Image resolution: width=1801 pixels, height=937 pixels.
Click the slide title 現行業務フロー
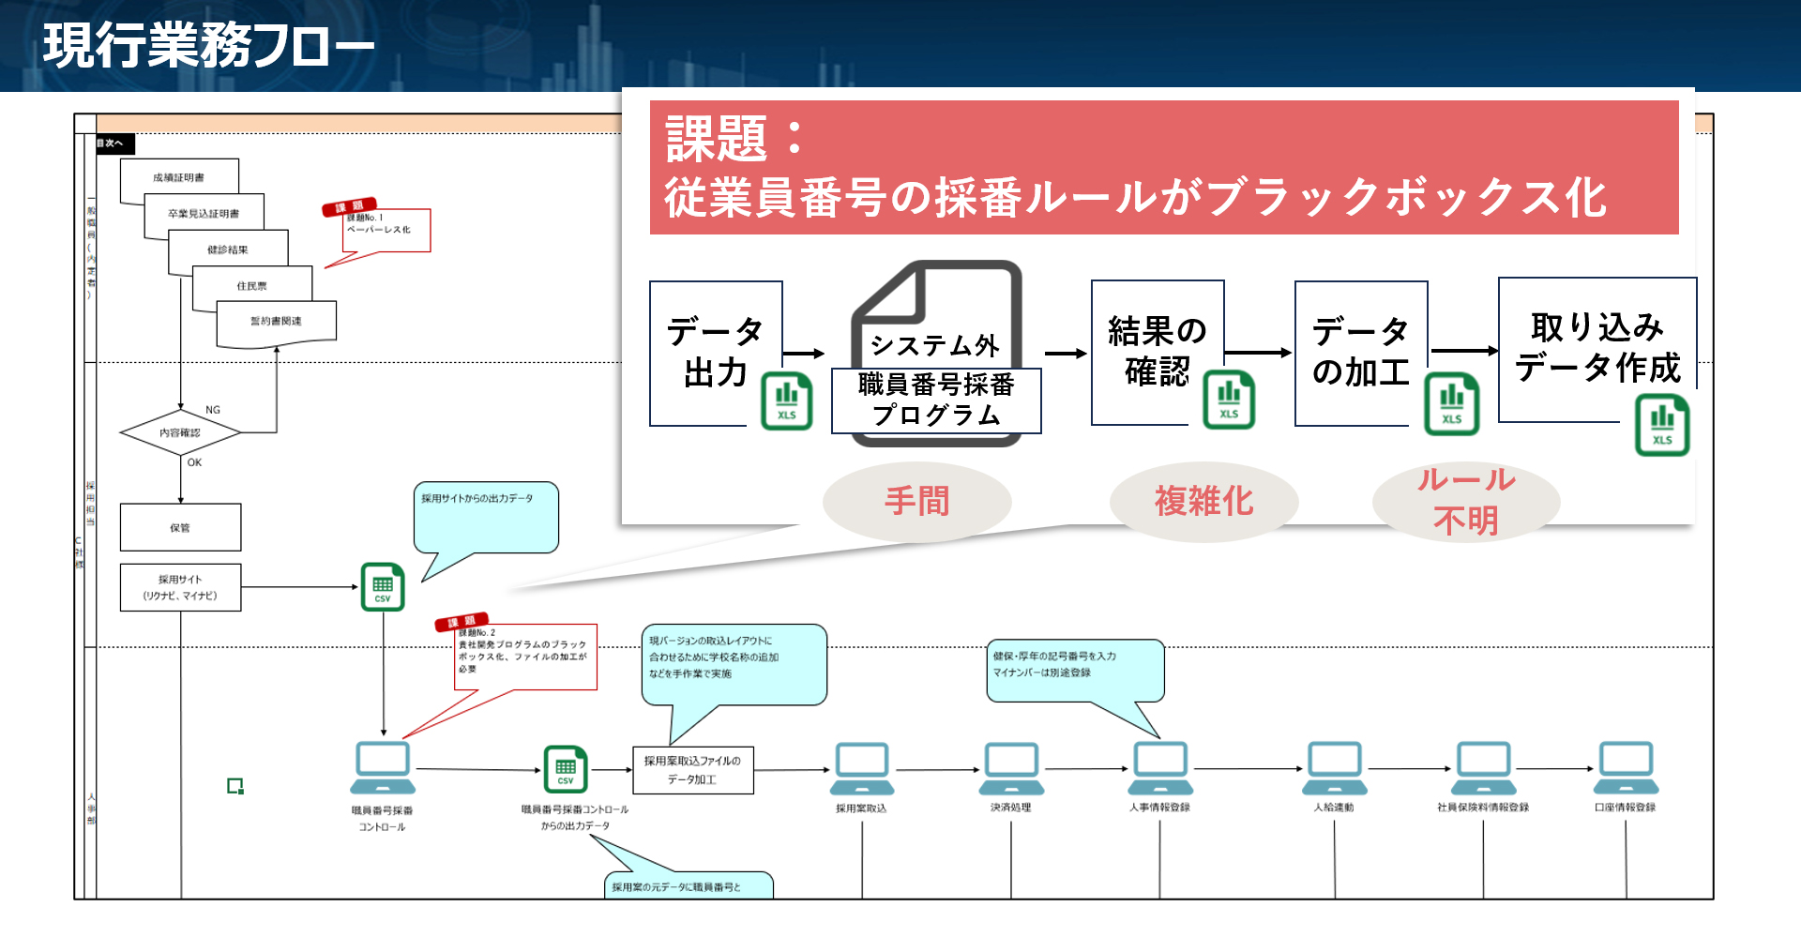tap(208, 45)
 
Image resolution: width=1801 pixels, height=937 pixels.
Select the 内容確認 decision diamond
tap(180, 432)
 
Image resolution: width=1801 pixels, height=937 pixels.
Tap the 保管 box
tap(180, 527)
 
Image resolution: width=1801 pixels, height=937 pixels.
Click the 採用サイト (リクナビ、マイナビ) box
tap(180, 587)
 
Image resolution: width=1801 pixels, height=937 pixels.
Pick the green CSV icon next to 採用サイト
tap(383, 587)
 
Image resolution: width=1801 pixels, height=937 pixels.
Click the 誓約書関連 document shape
tap(276, 322)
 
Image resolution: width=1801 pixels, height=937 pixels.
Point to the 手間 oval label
tap(916, 501)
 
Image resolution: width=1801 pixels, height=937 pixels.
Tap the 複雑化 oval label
tap(1203, 501)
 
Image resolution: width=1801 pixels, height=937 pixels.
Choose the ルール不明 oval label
tap(1465, 501)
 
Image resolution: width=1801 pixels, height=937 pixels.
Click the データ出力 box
tap(715, 352)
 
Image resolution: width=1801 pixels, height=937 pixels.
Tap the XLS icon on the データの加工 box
tap(1451, 404)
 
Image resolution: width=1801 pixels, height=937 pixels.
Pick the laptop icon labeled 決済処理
tap(1011, 767)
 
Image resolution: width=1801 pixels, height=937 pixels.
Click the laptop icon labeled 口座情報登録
tap(1627, 767)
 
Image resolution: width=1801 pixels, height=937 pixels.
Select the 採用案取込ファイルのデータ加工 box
tap(692, 770)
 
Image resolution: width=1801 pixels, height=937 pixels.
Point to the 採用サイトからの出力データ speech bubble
tap(485, 517)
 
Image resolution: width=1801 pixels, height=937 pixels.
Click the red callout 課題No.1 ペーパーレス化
tap(386, 229)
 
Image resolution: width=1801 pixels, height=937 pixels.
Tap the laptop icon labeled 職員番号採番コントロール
tap(383, 767)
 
